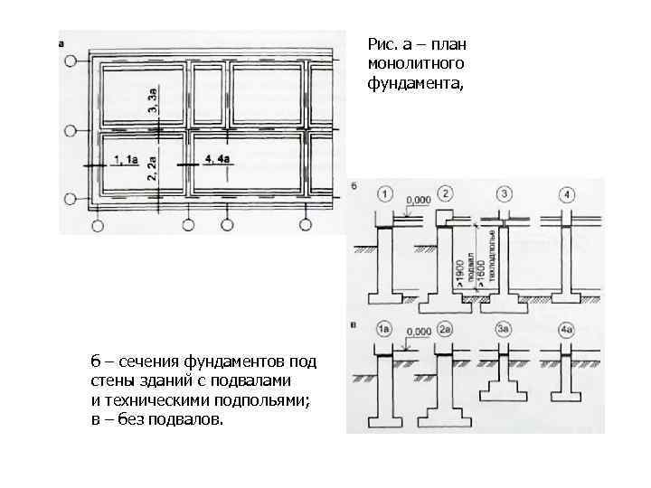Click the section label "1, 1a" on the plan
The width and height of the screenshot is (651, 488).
(x=126, y=159)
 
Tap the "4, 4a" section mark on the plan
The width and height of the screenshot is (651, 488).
(x=218, y=159)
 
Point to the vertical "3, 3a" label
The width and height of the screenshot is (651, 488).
(x=155, y=98)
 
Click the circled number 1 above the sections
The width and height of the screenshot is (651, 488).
(x=386, y=194)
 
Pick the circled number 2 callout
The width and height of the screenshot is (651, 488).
(x=445, y=194)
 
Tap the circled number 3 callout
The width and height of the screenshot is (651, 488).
(x=505, y=194)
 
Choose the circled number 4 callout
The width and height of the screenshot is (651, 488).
(x=565, y=194)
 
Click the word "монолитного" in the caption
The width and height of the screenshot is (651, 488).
(x=416, y=63)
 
